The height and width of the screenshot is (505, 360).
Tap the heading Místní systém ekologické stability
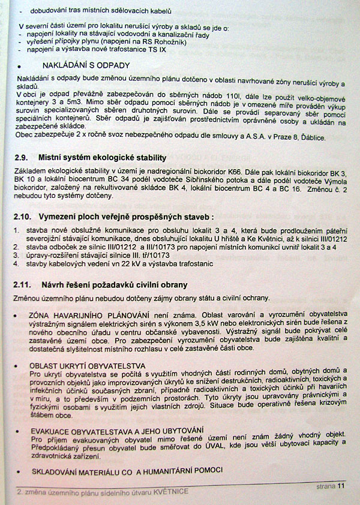tap(102, 158)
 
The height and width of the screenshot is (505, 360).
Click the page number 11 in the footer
tap(342, 486)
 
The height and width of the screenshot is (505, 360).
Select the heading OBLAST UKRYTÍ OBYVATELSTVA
tap(87, 366)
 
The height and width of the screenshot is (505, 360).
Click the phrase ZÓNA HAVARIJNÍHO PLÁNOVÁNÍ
tap(80, 314)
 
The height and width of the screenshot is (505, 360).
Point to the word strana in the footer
tap(326, 486)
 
